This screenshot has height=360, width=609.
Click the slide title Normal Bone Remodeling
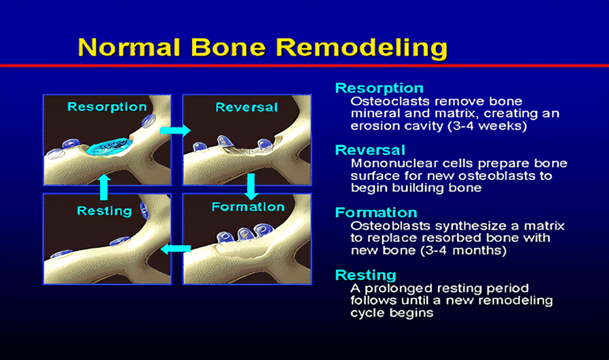point(262,48)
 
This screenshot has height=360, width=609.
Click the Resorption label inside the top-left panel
point(107,107)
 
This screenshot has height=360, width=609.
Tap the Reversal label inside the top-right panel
point(246,107)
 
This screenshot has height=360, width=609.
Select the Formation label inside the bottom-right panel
point(248,206)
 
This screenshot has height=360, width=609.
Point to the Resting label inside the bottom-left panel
point(104,211)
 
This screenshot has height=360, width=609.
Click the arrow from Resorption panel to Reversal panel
point(176,130)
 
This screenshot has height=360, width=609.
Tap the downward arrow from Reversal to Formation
point(251,185)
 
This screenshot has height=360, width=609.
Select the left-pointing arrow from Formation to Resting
point(175,249)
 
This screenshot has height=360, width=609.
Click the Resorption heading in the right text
point(379,88)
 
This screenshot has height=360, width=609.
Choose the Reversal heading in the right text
point(370,150)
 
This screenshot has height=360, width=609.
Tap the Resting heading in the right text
point(365,275)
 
